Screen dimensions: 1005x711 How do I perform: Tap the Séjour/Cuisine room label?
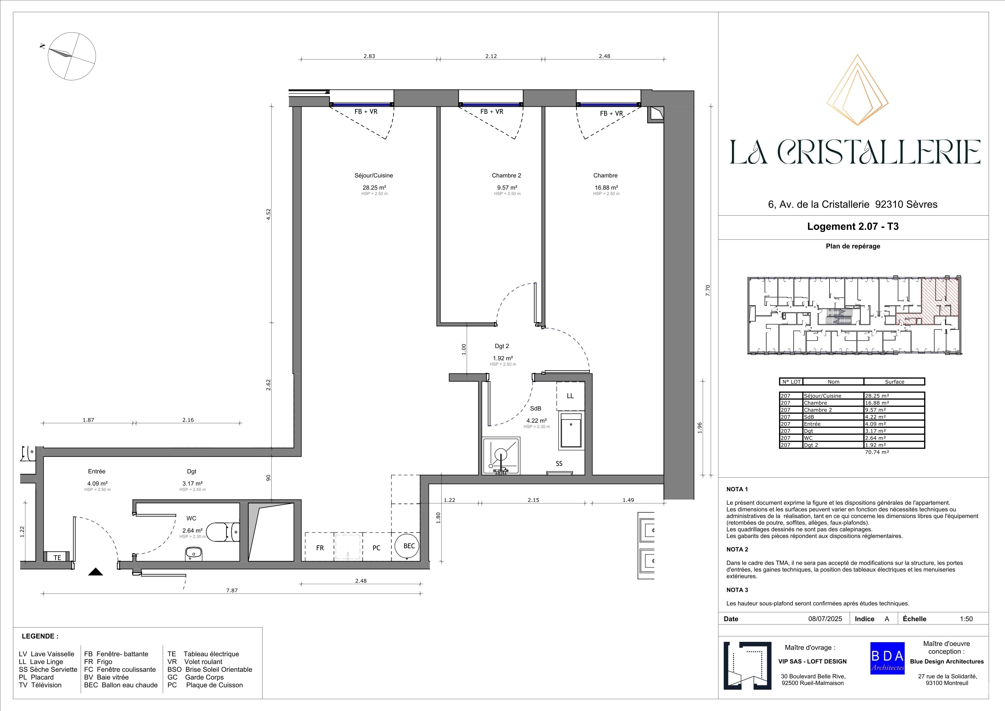point(374,176)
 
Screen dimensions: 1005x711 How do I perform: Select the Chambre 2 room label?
point(507,176)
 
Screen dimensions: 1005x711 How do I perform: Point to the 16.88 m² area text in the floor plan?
point(606,188)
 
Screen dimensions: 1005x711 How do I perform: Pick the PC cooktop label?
point(376,548)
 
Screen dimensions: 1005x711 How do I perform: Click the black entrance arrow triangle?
point(95,572)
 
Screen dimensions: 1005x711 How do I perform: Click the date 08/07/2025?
point(825,619)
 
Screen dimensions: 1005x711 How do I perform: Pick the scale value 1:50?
point(966,619)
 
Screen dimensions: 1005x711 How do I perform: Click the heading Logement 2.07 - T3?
point(853,227)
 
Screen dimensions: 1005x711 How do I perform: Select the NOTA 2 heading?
point(737,550)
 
